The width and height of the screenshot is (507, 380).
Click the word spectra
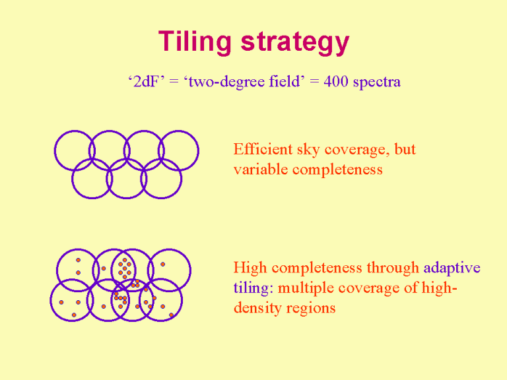click(x=377, y=82)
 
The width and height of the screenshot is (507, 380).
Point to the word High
click(x=250, y=268)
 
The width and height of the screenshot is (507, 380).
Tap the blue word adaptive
click(x=452, y=269)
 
